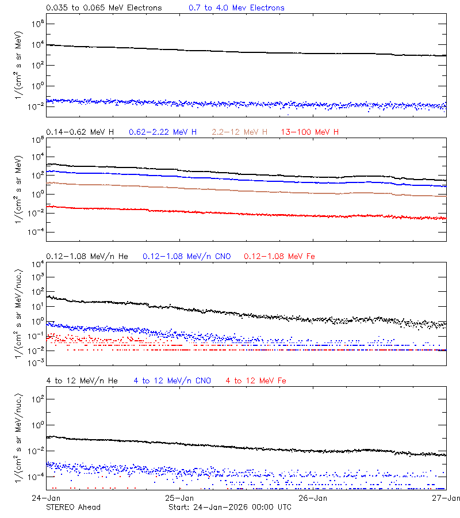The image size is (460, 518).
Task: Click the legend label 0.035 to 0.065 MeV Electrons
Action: coord(103,8)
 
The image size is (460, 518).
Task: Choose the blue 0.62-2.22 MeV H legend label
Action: coord(163,132)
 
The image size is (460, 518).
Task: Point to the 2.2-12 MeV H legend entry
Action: coord(240,132)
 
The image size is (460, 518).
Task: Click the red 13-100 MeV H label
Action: coord(310,132)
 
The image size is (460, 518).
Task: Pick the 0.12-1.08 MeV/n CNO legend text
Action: coord(187,256)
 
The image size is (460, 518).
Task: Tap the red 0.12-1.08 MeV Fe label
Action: coord(279,256)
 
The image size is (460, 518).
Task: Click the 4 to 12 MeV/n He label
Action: coord(82,380)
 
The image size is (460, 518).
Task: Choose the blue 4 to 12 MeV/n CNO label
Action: coord(172,380)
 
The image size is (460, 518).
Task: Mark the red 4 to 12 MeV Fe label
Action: coord(256,380)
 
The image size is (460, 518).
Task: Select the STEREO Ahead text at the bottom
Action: coord(73,507)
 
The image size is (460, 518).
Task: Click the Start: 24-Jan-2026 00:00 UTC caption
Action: coord(230,507)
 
